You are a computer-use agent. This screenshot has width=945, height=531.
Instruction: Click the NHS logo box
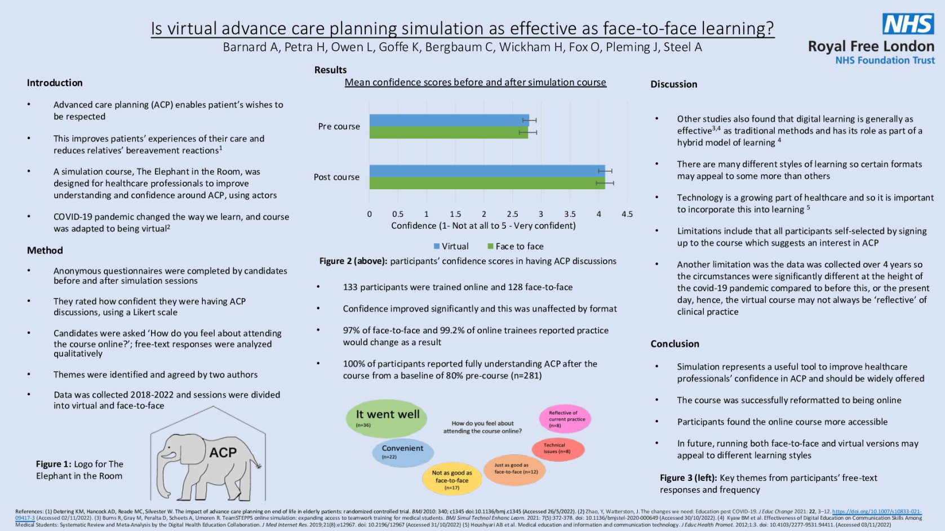pos(908,24)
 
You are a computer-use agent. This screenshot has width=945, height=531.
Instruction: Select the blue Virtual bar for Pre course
pos(449,120)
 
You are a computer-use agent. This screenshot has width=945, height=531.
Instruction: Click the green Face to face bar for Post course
pos(487,184)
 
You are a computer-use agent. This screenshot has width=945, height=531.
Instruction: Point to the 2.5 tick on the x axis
pos(512,214)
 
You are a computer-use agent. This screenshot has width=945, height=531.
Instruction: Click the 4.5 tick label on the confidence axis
pos(627,214)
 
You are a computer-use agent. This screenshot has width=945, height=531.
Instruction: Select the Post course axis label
pos(336,177)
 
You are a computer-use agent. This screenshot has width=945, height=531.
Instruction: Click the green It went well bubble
pos(387,418)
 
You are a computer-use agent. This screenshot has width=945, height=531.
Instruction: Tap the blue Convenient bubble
pos(402,452)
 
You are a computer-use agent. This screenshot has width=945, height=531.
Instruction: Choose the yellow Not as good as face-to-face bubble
pos(452,479)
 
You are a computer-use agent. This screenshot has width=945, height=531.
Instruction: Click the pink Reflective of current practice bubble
pos(565,419)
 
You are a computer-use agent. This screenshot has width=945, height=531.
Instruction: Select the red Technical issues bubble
pos(558,448)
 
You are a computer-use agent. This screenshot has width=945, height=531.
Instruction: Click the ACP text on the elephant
pos(223,453)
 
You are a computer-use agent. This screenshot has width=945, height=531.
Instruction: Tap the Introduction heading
pos(55,83)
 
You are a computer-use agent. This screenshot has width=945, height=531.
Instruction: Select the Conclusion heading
pos(675,343)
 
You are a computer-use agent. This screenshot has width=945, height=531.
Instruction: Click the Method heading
pos(45,250)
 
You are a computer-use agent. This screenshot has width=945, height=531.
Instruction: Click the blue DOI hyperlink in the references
pos(876,512)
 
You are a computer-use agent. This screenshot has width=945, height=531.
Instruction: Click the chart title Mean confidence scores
pos(475,82)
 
